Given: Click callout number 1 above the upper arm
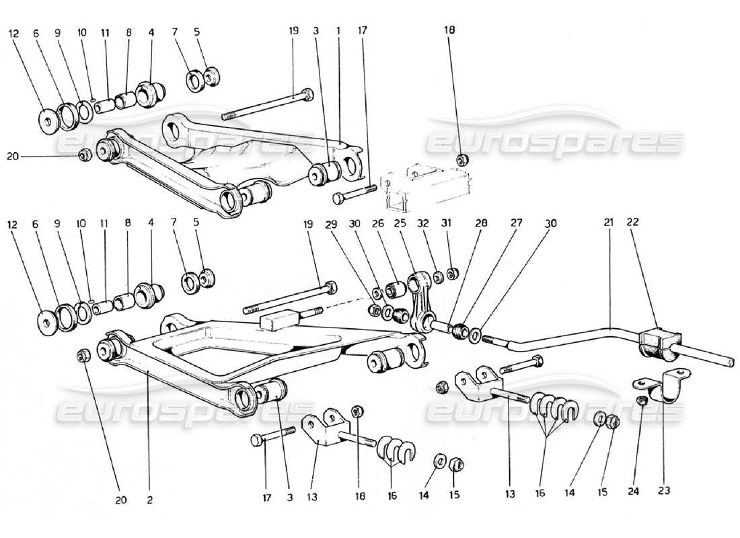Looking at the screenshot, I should [x=339, y=31].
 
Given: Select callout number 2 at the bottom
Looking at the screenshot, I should [x=149, y=500].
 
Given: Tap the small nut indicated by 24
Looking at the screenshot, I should [x=642, y=401].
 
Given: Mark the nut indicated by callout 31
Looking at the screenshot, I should [x=453, y=273].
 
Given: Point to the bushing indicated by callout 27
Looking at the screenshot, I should [x=460, y=331].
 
